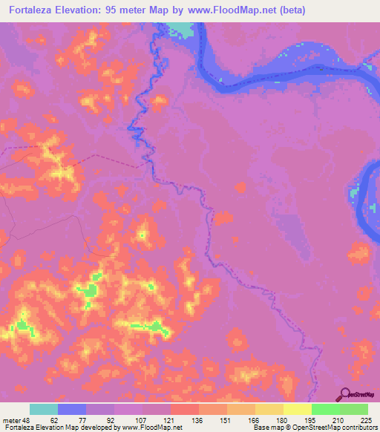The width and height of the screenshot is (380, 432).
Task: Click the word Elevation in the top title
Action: (x=90, y=10)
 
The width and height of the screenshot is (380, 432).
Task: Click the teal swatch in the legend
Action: (x=44, y=409)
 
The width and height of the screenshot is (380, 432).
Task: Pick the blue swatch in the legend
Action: (x=72, y=409)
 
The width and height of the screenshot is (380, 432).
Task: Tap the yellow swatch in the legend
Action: (x=298, y=409)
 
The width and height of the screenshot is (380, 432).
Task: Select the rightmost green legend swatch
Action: (x=354, y=409)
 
